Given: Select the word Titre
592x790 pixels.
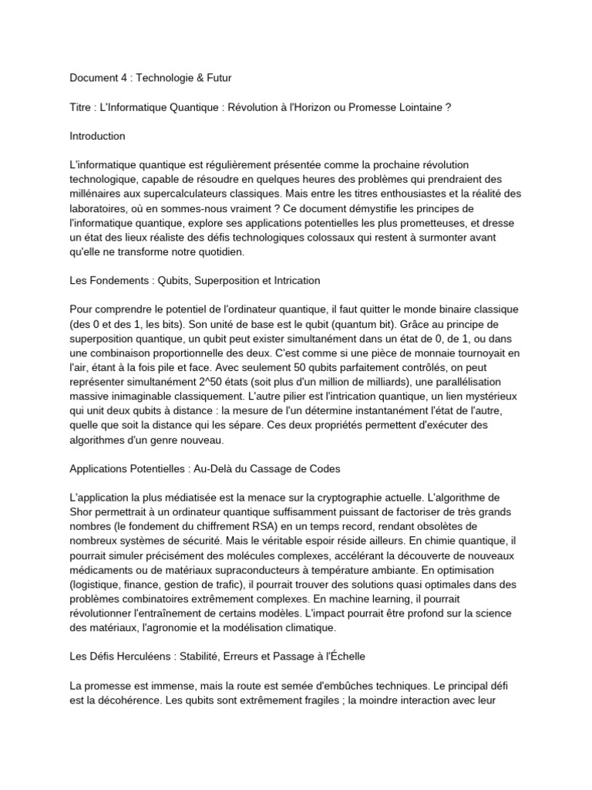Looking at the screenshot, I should [x=82, y=107].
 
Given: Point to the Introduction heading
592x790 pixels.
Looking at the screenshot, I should [x=97, y=136].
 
